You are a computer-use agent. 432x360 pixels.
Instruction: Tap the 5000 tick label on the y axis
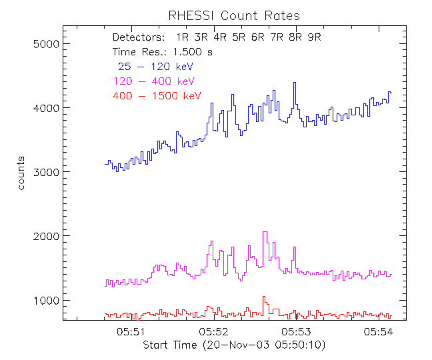click(x=47, y=44)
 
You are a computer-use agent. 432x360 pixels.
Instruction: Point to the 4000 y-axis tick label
click(x=47, y=108)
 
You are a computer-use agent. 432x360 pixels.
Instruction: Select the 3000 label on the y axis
click(x=47, y=172)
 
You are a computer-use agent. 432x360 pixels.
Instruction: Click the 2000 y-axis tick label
click(x=47, y=236)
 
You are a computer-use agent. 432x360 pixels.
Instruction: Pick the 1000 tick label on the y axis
click(x=47, y=300)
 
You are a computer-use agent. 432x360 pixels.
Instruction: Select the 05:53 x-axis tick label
click(x=297, y=331)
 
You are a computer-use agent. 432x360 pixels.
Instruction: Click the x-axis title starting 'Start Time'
click(x=234, y=345)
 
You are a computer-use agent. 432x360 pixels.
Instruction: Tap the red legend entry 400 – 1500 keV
click(x=157, y=96)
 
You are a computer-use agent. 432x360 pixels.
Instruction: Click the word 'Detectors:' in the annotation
click(x=138, y=37)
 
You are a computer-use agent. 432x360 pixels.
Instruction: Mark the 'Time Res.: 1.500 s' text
click(x=163, y=52)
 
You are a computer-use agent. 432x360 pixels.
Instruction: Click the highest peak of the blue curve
click(x=294, y=83)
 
